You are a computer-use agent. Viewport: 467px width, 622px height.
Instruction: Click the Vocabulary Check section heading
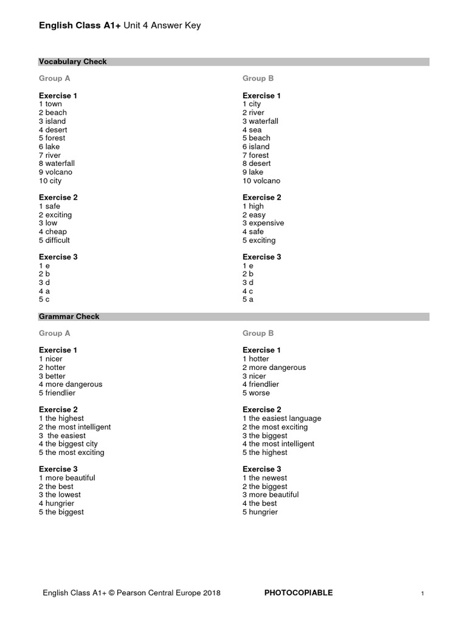pyautogui.click(x=73, y=62)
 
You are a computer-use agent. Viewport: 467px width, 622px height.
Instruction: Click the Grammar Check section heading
pyautogui.click(x=69, y=316)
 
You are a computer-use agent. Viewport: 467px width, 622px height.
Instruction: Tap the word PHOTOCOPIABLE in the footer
pyautogui.click(x=299, y=593)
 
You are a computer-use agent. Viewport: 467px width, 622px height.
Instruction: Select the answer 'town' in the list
pyautogui.click(x=54, y=104)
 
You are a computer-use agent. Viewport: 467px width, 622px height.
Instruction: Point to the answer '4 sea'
pyautogui.click(x=252, y=130)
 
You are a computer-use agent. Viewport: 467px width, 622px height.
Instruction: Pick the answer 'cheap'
pyautogui.click(x=56, y=232)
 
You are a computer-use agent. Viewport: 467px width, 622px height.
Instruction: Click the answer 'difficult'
pyautogui.click(x=58, y=241)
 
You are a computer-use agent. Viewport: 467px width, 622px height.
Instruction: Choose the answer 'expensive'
pyautogui.click(x=266, y=224)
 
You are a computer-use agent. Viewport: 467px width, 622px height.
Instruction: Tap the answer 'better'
pyautogui.click(x=55, y=376)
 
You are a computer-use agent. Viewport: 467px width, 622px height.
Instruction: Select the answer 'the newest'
pyautogui.click(x=268, y=478)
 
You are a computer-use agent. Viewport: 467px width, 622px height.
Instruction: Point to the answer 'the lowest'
pyautogui.click(x=63, y=495)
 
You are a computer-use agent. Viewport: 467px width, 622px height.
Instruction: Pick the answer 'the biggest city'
pyautogui.click(x=71, y=444)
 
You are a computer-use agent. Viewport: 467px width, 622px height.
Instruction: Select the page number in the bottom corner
pyautogui.click(x=422, y=593)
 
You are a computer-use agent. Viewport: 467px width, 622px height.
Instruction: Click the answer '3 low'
pyautogui.click(x=48, y=224)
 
